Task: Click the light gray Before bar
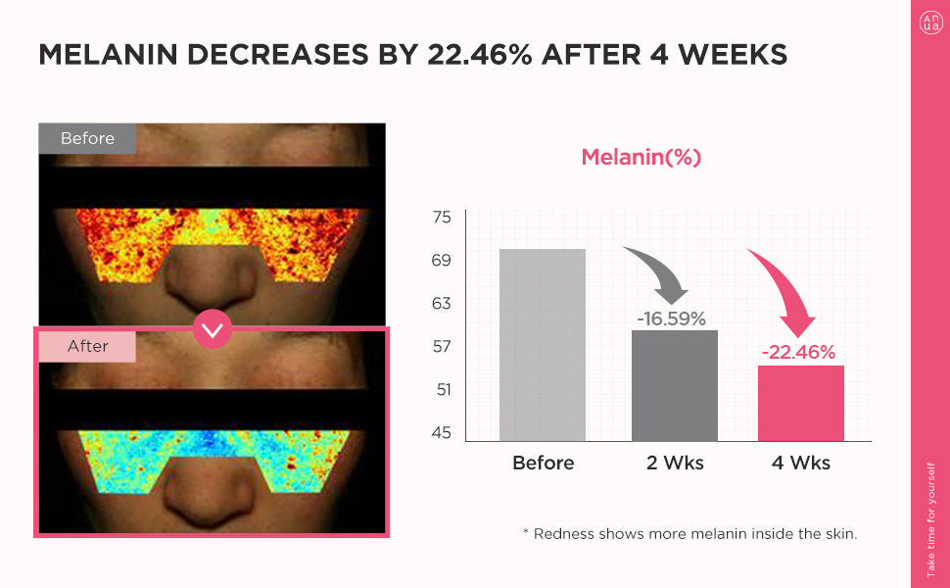pyautogui.click(x=543, y=345)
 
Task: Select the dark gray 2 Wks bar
pyautogui.click(x=675, y=385)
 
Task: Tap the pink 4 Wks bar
pyautogui.click(x=801, y=403)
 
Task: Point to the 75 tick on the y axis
pyautogui.click(x=442, y=218)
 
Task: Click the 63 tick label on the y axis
pyautogui.click(x=442, y=304)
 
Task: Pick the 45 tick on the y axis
pyautogui.click(x=442, y=433)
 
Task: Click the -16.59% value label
pyautogui.click(x=671, y=318)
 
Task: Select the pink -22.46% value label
pyautogui.click(x=798, y=353)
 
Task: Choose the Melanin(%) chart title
pyautogui.click(x=641, y=157)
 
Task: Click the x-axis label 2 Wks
pyautogui.click(x=675, y=463)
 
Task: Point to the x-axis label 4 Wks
pyautogui.click(x=801, y=463)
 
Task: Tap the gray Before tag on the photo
pyautogui.click(x=87, y=139)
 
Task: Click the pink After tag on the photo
pyautogui.click(x=87, y=346)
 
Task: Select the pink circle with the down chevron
pyautogui.click(x=213, y=328)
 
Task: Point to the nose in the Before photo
pyautogui.click(x=212, y=279)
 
